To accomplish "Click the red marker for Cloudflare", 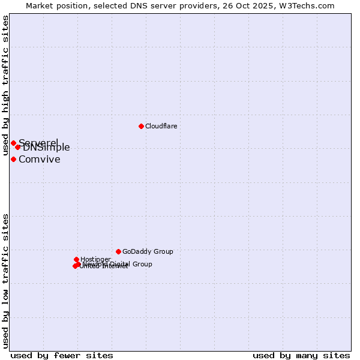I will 141,126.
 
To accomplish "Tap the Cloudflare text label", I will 161,126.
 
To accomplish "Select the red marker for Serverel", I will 13,143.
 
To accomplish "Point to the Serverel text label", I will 38,142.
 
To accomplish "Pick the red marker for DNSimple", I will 18,147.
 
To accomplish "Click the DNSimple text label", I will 47,148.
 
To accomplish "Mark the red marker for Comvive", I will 13,159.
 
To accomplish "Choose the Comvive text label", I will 39,159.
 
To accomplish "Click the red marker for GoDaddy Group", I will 118,251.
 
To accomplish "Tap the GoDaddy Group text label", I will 148,251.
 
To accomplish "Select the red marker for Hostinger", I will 76,259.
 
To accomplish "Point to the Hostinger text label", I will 95,259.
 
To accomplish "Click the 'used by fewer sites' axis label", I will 62,355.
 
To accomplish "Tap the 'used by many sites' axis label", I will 301,355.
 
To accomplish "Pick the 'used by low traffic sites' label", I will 5,281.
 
